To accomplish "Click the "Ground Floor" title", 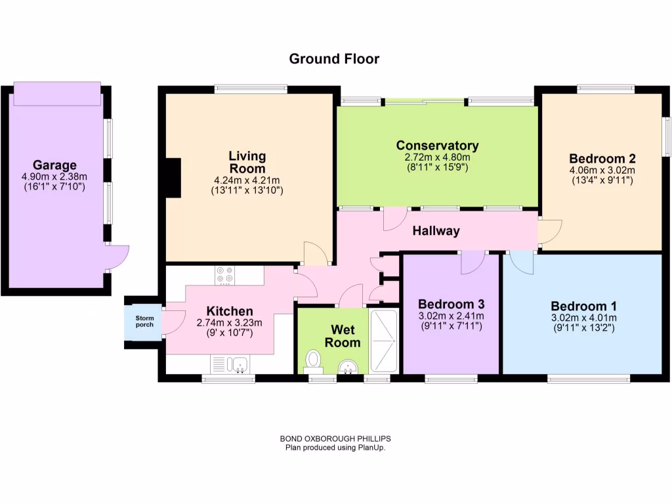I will coord(334,59).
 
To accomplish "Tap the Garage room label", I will coord(55,165).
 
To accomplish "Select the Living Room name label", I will coord(247,161).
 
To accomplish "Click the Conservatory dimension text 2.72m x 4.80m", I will coord(437,157).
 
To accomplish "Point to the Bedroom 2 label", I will coord(602,158).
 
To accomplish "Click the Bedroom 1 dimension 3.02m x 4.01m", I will coord(583,319).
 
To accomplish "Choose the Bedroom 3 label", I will coord(451,304).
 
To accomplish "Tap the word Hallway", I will coord(436,231).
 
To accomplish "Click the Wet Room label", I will coord(345,336).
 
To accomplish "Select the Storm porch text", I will coord(144,322).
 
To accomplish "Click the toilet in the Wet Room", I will coord(314,360).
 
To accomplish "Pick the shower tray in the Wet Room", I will coord(383,340).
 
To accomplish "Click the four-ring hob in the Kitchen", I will coord(224,276).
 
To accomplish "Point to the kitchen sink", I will coord(229,364).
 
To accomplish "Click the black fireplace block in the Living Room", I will coord(173,178).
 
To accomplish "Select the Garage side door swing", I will coord(117,255).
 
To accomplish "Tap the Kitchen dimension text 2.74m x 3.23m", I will coord(229,322).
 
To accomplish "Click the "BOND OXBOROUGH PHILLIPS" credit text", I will coord(335,439).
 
